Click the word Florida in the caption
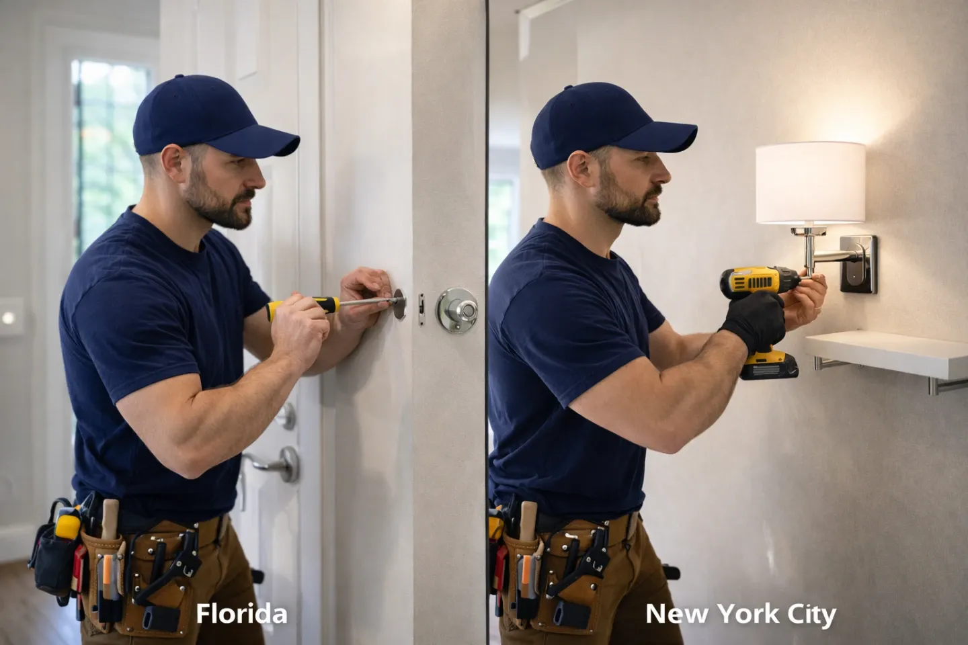tap(241, 613)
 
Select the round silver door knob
tap(457, 309)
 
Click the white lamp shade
tap(810, 182)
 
